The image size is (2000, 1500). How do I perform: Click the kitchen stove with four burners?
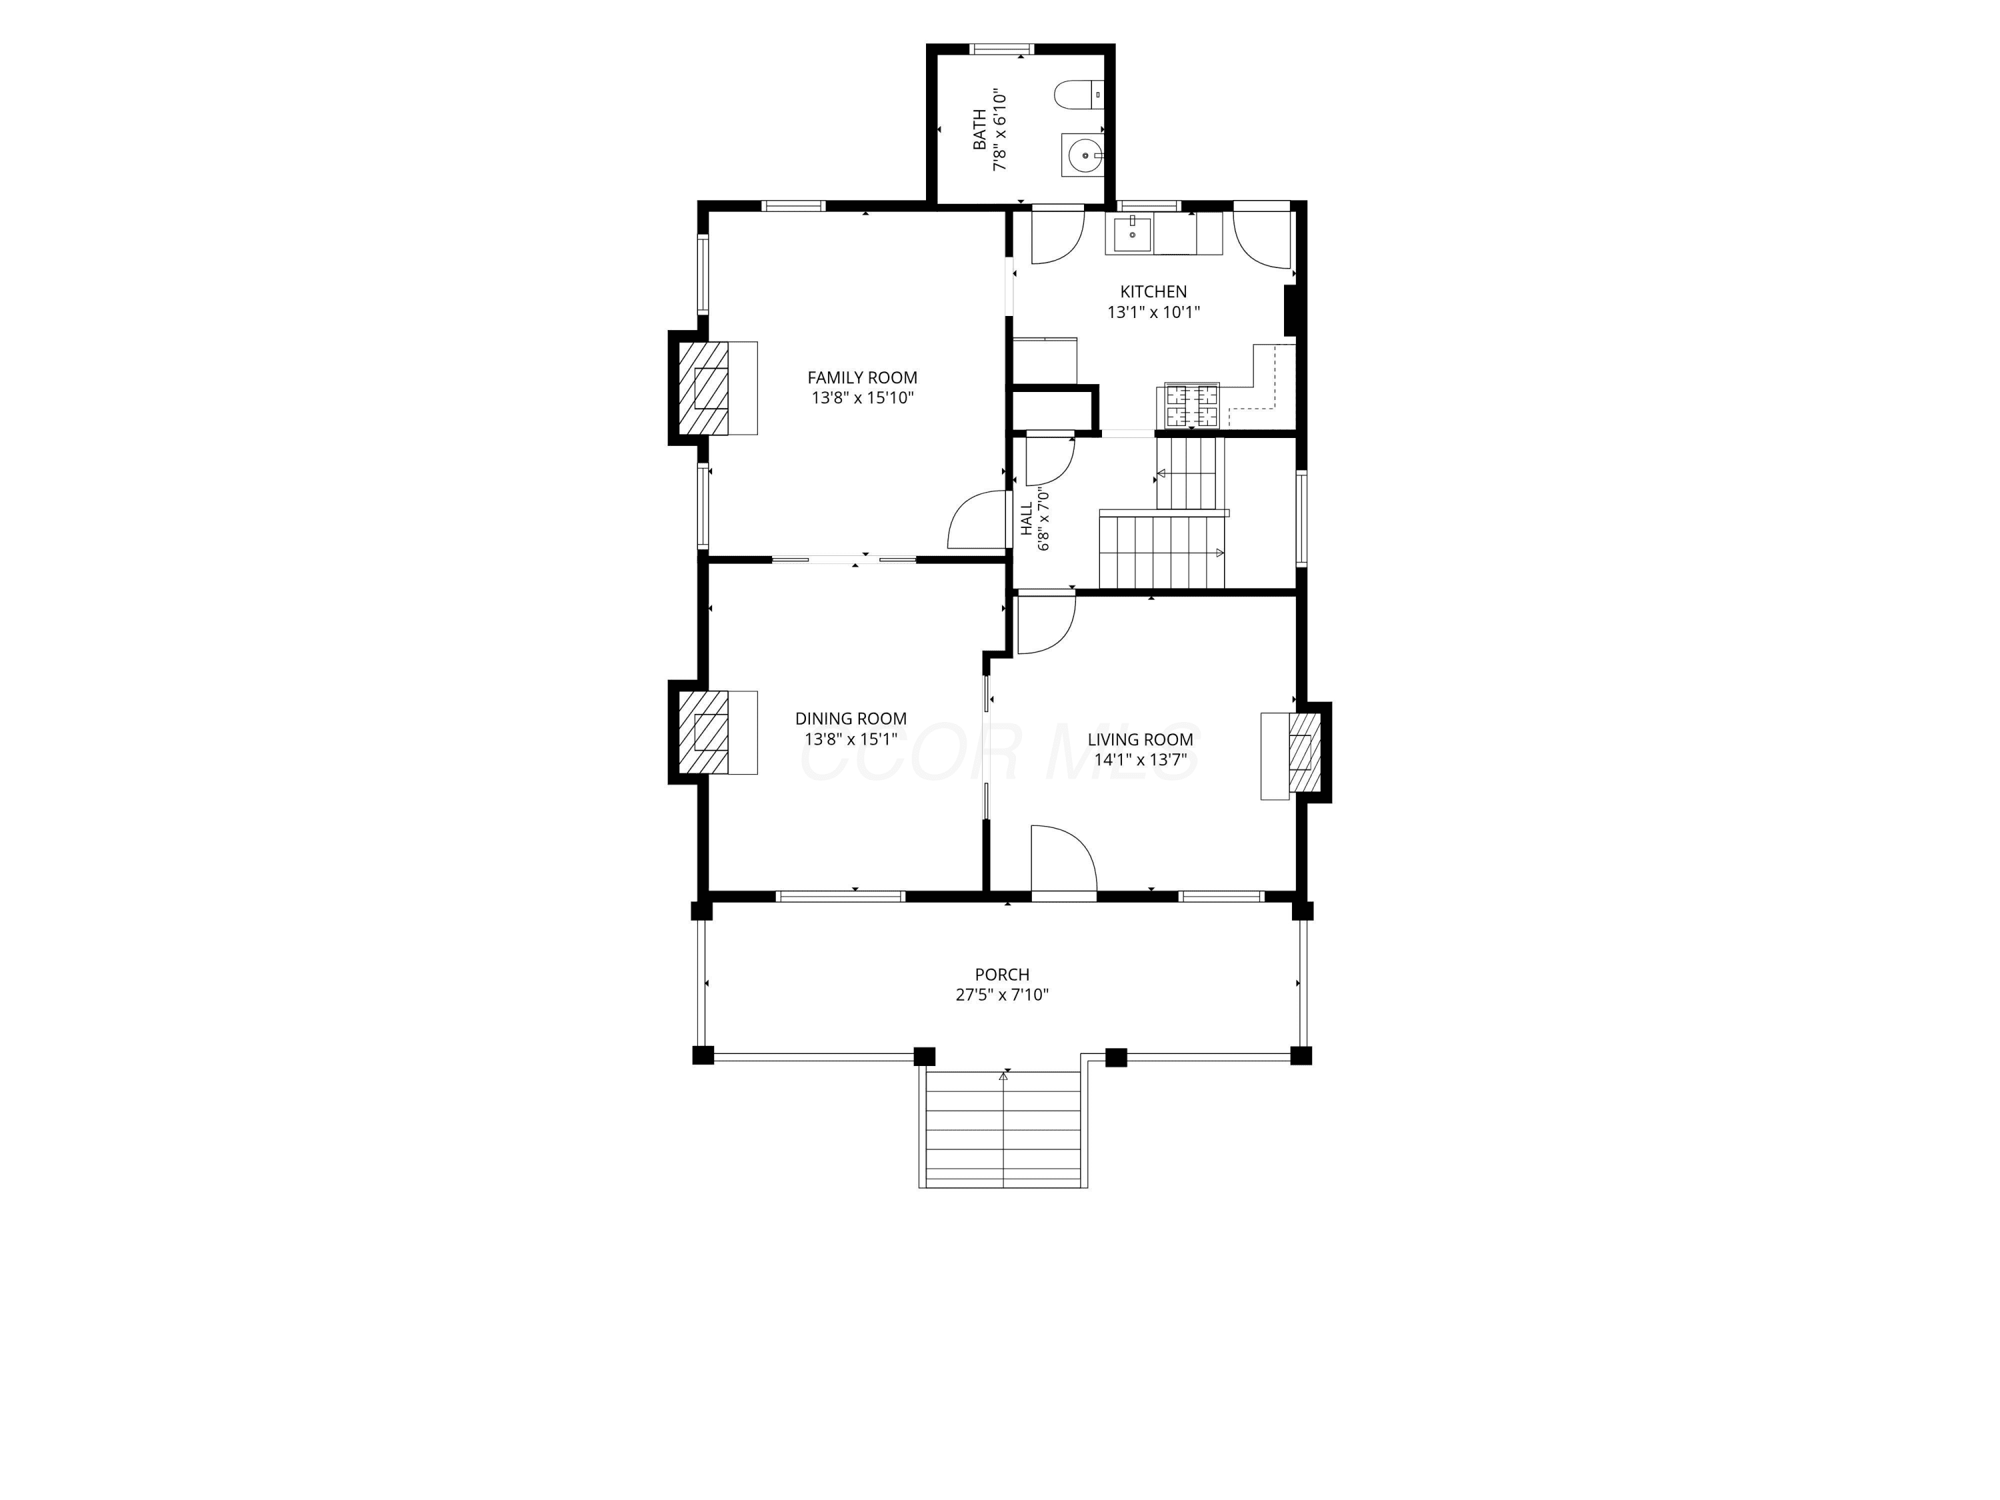pyautogui.click(x=1192, y=405)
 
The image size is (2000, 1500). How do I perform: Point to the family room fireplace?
pyautogui.click(x=713, y=388)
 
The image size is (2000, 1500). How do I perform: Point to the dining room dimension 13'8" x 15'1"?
pyautogui.click(x=851, y=739)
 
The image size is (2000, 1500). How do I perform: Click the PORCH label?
pyautogui.click(x=1002, y=975)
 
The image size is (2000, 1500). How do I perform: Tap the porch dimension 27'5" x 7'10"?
pyautogui.click(x=1002, y=995)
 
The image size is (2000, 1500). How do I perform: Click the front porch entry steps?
pyautogui.click(x=1003, y=1129)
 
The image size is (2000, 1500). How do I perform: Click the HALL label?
pyautogui.click(x=1027, y=519)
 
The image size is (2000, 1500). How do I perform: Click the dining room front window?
pyautogui.click(x=841, y=896)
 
